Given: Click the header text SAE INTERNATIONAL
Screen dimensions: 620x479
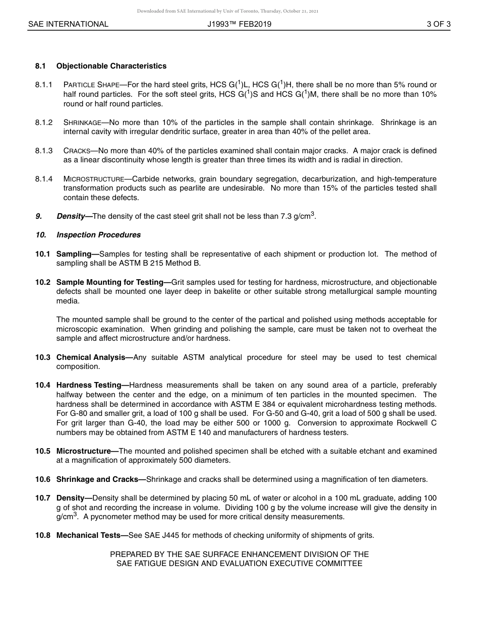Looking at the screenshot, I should click(x=68, y=24).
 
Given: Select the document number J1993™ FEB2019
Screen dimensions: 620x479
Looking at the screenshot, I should click(x=239, y=24).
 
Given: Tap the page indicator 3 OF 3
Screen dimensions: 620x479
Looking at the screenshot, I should click(x=438, y=24).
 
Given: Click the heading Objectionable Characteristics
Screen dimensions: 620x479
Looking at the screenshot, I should click(x=111, y=66).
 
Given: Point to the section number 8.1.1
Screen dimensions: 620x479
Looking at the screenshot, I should click(x=44, y=85).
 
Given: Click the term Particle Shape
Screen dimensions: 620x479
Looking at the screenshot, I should click(x=91, y=85).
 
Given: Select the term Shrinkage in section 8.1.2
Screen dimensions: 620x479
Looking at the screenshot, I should click(x=82, y=122).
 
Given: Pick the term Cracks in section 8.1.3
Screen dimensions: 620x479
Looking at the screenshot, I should click(x=77, y=151).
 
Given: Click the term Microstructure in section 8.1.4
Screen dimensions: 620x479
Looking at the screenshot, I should click(x=93, y=179).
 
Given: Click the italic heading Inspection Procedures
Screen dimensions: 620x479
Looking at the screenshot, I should click(x=98, y=235).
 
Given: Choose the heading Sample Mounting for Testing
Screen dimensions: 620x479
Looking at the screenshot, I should click(x=113, y=282).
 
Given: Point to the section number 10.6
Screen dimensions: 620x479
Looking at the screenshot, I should click(x=43, y=479).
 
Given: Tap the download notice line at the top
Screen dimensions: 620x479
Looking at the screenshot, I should click(x=227, y=11).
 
